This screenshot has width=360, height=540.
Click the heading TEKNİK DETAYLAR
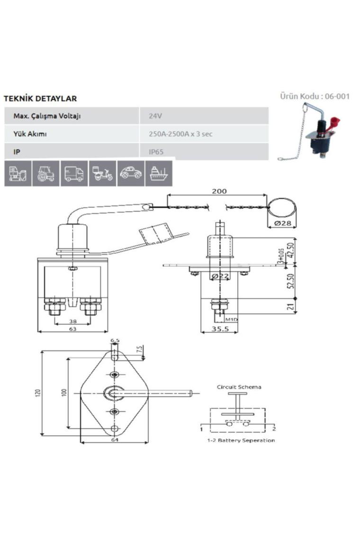pyautogui.click(x=40, y=99)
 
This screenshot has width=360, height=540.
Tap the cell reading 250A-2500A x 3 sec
pyautogui.click(x=180, y=134)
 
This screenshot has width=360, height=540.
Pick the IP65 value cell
pyautogui.click(x=156, y=152)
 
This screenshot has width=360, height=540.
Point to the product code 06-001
pyautogui.click(x=315, y=96)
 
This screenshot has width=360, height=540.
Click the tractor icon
pyautogui.click(x=46, y=173)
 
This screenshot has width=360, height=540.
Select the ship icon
pyautogui.click(x=159, y=173)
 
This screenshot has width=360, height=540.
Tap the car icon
pyautogui.click(x=130, y=173)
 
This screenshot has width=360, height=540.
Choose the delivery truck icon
pyautogui.click(x=74, y=173)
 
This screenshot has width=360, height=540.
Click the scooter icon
pyautogui.click(x=102, y=173)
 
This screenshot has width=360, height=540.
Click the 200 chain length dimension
pyautogui.click(x=219, y=191)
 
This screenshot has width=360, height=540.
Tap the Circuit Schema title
pyautogui.click(x=239, y=387)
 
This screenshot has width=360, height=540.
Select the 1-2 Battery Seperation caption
pyautogui.click(x=241, y=441)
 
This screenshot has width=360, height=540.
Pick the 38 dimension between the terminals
pyautogui.click(x=73, y=321)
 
